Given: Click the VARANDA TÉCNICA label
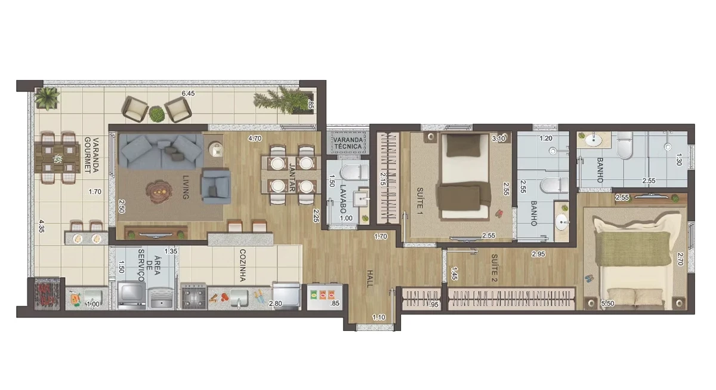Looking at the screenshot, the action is tap(348, 143).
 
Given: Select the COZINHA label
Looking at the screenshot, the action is tap(243, 265).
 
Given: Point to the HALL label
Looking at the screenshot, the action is tap(370, 279).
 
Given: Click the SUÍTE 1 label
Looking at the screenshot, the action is tap(419, 201).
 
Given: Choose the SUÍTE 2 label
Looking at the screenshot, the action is tap(494, 268).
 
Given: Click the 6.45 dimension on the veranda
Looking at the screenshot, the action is tap(188, 93).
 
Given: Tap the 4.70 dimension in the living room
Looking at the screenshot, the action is tap(255, 139).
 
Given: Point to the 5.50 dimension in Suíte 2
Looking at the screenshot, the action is tap(607, 303).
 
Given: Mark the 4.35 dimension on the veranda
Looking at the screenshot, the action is tap(41, 226).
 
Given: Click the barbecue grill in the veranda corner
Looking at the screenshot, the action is tap(47, 294).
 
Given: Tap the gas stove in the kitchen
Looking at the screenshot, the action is tap(194, 296).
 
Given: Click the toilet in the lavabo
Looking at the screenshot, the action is tap(354, 173).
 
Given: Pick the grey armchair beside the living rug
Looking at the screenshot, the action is tap(216, 187).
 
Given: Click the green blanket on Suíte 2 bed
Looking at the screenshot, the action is tap(632, 248).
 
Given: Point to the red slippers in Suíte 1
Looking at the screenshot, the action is tap(499, 213).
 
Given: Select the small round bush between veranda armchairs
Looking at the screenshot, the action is tap(156, 114).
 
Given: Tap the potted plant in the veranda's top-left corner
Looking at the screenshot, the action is tap(47, 98).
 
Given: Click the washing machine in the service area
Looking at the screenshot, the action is tap(131, 296).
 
